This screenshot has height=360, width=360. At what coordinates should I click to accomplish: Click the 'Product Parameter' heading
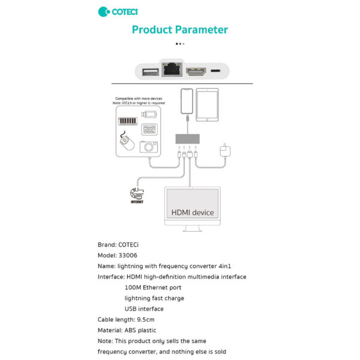pos(179,29)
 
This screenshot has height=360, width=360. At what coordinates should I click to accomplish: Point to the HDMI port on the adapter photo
pos(197,73)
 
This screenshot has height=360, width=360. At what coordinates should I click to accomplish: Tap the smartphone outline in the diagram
pos(187,103)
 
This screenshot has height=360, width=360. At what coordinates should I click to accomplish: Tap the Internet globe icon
pos(136,194)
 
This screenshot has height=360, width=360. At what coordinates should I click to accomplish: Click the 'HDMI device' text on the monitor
pos(193,212)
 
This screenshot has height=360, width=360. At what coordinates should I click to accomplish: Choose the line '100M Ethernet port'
pos(152,287)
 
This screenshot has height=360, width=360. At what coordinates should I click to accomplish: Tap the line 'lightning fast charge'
pos(154,298)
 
